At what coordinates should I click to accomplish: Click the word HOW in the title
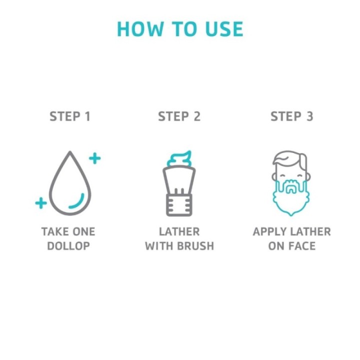(140, 29)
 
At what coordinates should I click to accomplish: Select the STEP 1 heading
(70, 116)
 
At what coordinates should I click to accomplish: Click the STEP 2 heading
(179, 116)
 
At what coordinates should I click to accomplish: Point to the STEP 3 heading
(292, 116)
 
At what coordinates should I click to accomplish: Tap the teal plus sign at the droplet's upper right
(95, 158)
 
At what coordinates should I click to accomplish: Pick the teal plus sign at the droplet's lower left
(41, 203)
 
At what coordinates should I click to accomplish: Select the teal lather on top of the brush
(179, 158)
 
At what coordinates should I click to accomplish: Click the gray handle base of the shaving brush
(179, 205)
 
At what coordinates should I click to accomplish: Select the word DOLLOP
(68, 246)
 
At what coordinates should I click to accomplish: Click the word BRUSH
(195, 246)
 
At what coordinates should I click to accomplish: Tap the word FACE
(302, 246)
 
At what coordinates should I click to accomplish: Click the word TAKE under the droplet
(53, 231)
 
